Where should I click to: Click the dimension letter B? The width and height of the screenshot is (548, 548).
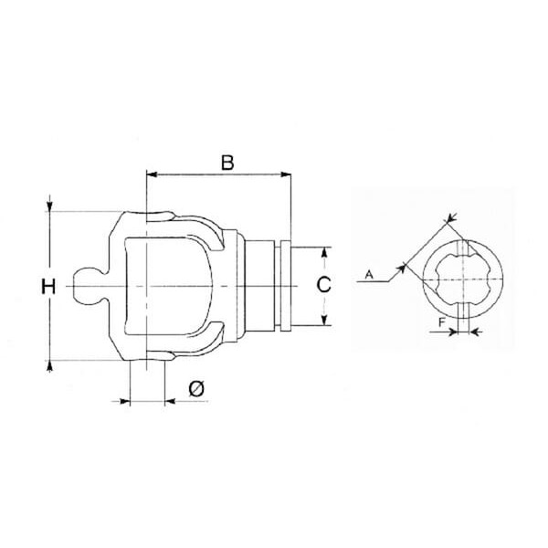pyautogui.click(x=227, y=163)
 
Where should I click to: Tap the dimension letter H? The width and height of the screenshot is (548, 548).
pyautogui.click(x=48, y=287)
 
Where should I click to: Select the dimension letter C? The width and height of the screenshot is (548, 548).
pyautogui.click(x=323, y=284)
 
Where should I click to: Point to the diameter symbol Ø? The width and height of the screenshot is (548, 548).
pyautogui.click(x=196, y=389)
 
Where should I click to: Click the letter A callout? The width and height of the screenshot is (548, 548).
pyautogui.click(x=369, y=275)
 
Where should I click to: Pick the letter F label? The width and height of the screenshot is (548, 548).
pyautogui.click(x=442, y=322)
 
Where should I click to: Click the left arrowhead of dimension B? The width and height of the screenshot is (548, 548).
pyautogui.click(x=152, y=174)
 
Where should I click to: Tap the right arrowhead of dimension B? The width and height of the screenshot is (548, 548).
pyautogui.click(x=286, y=174)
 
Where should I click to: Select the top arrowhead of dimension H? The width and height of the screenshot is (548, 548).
pyautogui.click(x=50, y=206)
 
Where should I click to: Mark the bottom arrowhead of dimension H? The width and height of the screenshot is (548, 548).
pyautogui.click(x=50, y=365)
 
